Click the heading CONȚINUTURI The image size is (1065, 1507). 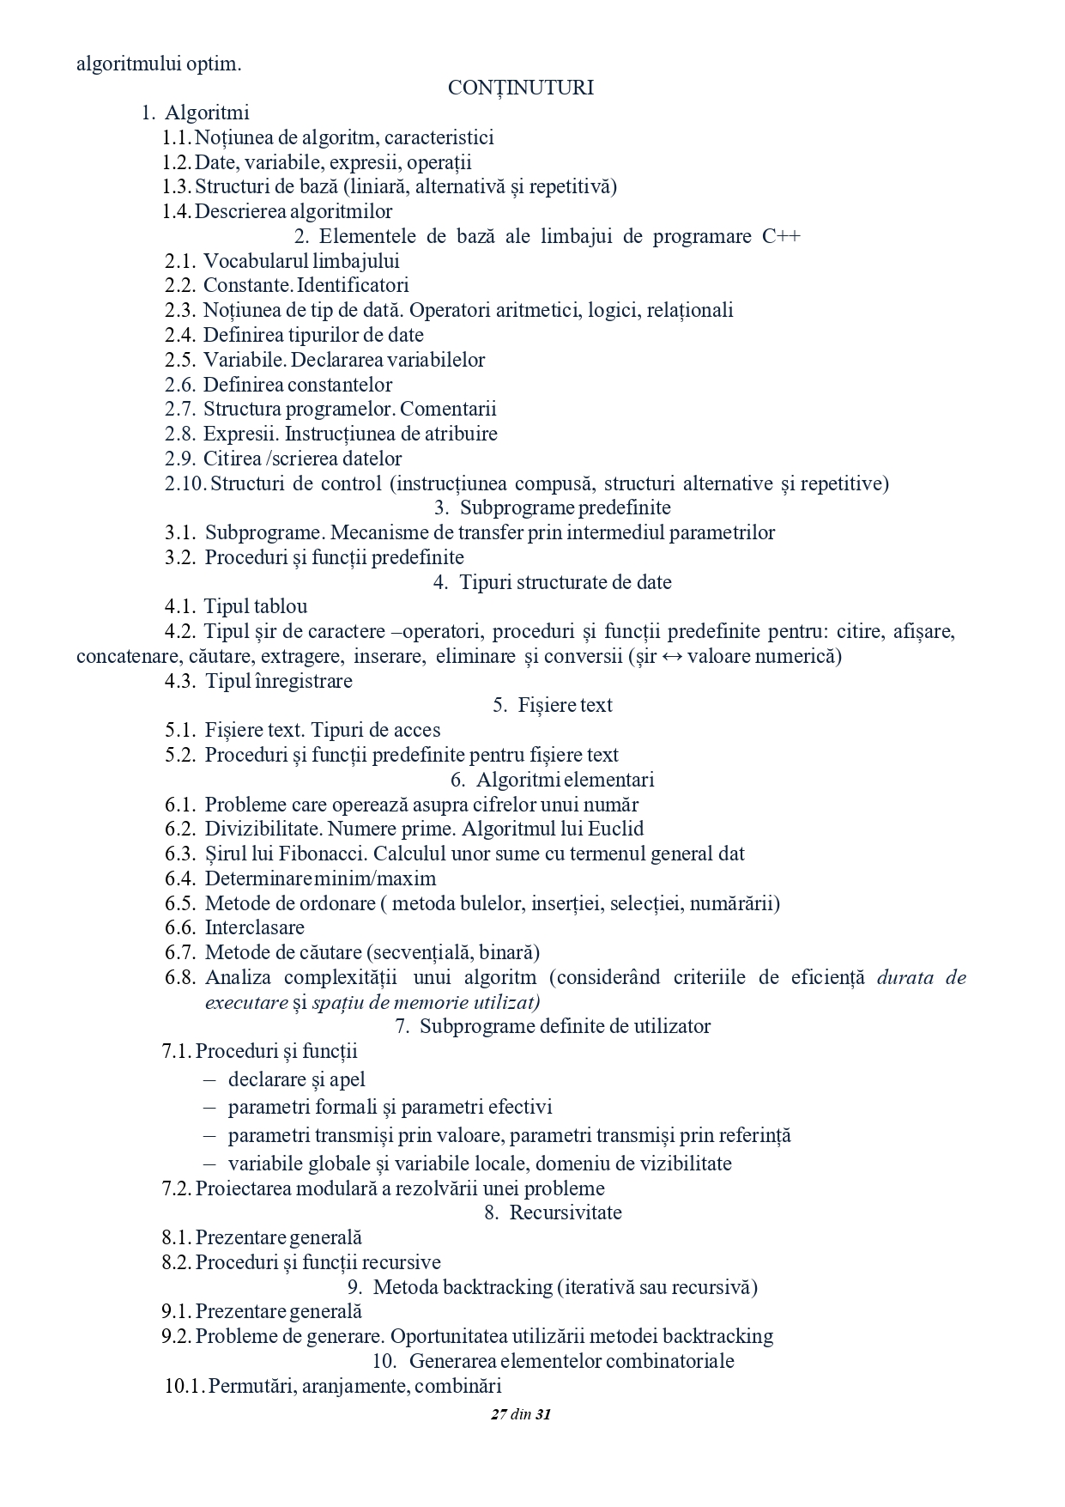[520, 88]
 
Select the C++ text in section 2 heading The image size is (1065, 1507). [781, 236]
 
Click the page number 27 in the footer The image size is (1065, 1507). [499, 1415]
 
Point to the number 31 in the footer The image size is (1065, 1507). [542, 1415]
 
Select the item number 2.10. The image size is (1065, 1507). [185, 483]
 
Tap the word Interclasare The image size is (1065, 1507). [254, 927]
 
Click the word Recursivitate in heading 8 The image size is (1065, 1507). [566, 1212]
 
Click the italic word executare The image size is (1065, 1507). [246, 1002]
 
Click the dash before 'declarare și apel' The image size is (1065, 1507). [209, 1080]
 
